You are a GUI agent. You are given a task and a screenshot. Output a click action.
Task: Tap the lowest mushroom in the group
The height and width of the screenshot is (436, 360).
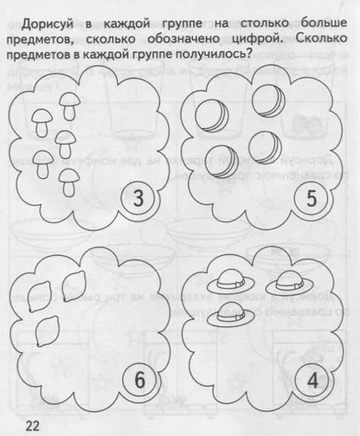[71, 178]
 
